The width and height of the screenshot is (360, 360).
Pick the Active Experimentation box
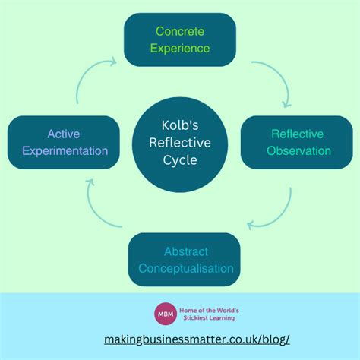65,142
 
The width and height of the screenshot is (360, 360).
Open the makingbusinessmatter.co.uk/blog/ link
197,339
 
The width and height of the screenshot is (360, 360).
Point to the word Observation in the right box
298,150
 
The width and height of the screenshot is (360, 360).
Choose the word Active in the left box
65,134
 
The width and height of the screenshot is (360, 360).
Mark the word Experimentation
65,150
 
